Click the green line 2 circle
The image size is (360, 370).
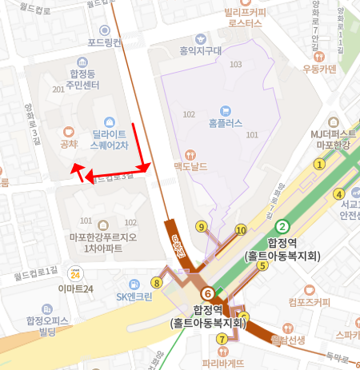(x=282, y=226)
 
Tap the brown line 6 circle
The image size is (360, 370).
(x=208, y=293)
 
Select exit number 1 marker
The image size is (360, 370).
(x=318, y=165)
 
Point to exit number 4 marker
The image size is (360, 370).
(x=338, y=194)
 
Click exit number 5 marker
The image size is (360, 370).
(x=262, y=265)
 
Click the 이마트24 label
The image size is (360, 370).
(x=76, y=288)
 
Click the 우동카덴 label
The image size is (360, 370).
(x=318, y=69)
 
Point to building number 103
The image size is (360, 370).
(x=235, y=64)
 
